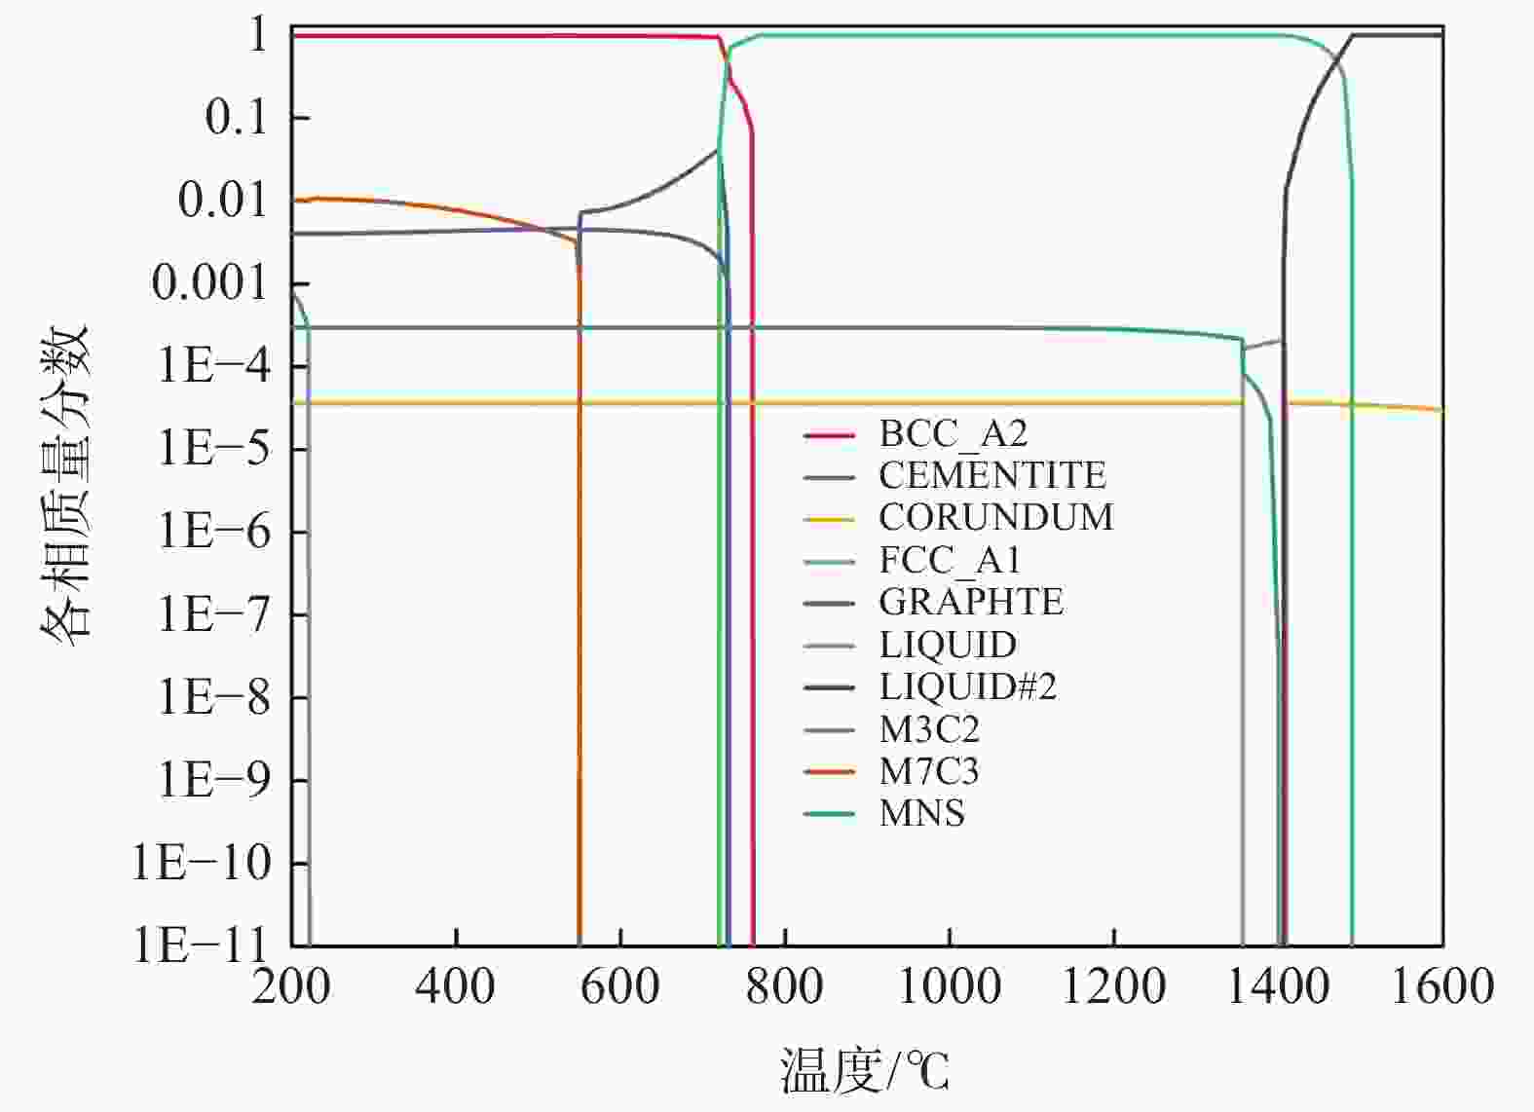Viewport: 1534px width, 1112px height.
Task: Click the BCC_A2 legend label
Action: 953,433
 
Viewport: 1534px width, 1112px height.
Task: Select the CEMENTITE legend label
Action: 991,475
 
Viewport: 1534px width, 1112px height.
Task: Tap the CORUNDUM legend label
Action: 995,517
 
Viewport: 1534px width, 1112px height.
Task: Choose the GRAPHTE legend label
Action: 970,602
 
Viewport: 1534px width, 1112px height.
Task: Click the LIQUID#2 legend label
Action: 967,686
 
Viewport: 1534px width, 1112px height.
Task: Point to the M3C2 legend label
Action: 929,728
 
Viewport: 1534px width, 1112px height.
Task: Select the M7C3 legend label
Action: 928,771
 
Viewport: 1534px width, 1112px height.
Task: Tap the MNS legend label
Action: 921,813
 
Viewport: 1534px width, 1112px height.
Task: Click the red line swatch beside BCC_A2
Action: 829,434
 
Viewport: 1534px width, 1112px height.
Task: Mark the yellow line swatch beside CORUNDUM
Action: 829,519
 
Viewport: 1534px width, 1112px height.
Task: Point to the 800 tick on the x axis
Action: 785,986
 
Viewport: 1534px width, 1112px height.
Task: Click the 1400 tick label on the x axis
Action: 1278,986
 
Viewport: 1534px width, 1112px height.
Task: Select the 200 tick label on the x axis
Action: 291,986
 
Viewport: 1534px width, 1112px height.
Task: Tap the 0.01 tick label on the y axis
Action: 223,201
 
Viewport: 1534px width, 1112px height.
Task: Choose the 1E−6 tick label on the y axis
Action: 214,532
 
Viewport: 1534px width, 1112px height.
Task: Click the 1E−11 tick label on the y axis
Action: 201,945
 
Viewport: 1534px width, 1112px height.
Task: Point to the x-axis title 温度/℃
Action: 864,1071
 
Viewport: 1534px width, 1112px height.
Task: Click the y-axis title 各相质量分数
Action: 66,481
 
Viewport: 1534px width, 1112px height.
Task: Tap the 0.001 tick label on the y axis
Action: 209,283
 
